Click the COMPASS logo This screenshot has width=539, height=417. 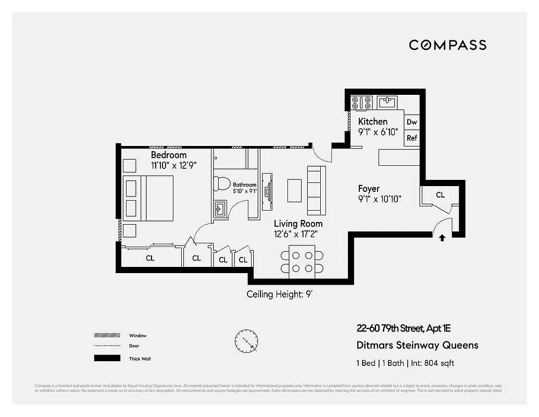pyautogui.click(x=447, y=45)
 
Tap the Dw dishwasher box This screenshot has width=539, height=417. pyautogui.click(x=412, y=122)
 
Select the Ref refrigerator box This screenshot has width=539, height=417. pyautogui.click(x=412, y=138)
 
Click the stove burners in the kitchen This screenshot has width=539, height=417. pyautogui.click(x=361, y=102)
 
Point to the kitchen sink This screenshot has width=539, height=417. pyautogui.click(x=386, y=102)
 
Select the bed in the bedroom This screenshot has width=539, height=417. pyautogui.click(x=148, y=198)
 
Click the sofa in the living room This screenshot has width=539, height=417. pyautogui.click(x=316, y=190)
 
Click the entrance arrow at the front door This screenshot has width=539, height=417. pyautogui.click(x=442, y=238)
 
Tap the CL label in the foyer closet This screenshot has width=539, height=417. pyautogui.click(x=440, y=195)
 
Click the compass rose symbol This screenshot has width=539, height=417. pyautogui.click(x=246, y=342)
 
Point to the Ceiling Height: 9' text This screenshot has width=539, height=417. pyautogui.click(x=279, y=295)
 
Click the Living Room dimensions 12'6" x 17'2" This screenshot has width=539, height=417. pyautogui.click(x=296, y=235)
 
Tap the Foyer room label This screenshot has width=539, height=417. pyautogui.click(x=369, y=189)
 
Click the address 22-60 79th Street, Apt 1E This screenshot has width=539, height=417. pyautogui.click(x=403, y=328)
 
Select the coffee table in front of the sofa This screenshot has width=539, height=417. pyautogui.click(x=294, y=190)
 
